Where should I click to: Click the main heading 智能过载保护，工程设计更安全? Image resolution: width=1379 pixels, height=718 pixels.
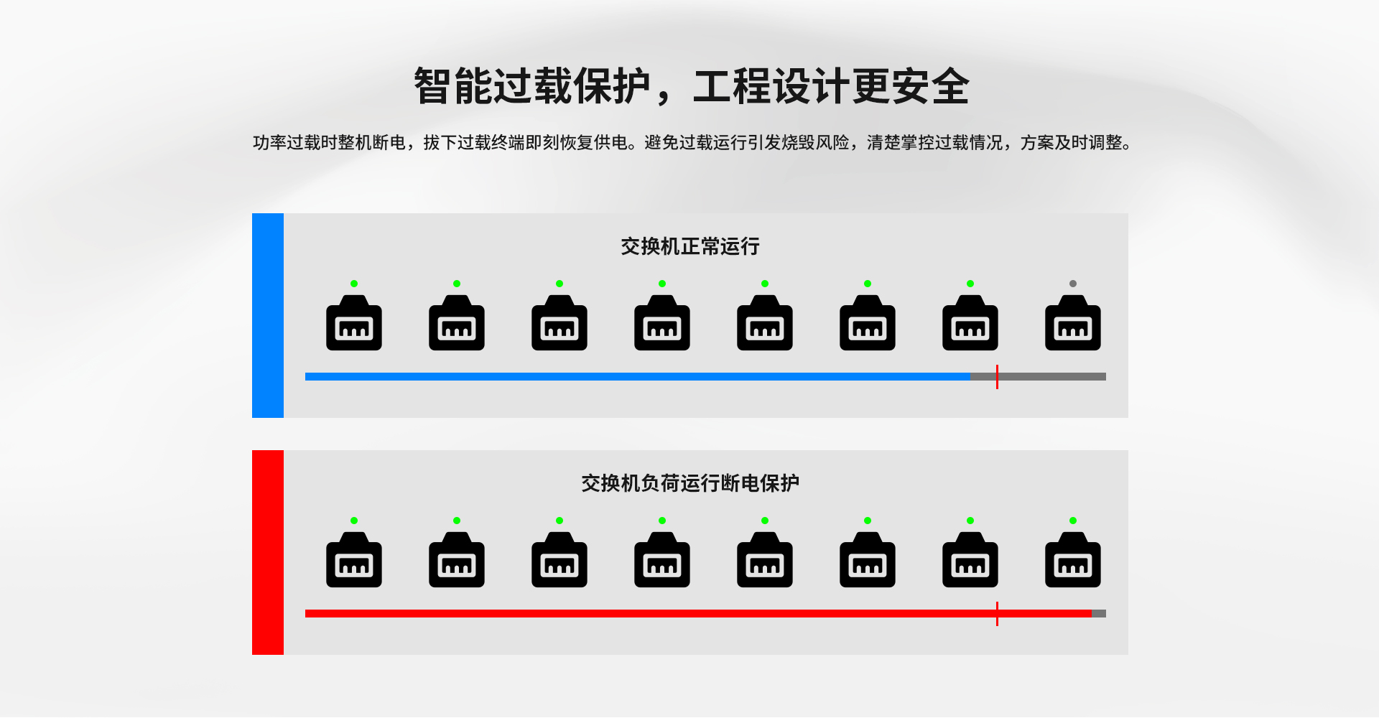pos(691,86)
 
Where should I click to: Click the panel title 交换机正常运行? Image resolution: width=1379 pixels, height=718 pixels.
pos(690,246)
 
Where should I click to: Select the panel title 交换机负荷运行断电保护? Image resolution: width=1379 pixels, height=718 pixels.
pos(690,483)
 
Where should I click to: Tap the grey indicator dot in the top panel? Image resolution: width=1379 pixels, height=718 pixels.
pos(1073,284)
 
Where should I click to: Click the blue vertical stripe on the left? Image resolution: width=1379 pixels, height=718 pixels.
pos(268,315)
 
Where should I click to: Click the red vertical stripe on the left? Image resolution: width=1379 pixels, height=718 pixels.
pos(268,552)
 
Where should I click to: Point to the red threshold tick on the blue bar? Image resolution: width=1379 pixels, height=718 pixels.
pos(997,377)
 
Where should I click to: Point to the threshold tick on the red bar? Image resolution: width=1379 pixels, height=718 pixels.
pos(997,614)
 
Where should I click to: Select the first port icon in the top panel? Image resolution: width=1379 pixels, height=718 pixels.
pos(354,323)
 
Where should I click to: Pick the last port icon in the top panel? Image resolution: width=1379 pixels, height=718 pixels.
pos(1073,323)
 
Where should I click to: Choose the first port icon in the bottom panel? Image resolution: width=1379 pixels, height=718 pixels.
pos(354,560)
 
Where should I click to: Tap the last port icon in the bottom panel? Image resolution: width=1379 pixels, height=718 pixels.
pos(1073,560)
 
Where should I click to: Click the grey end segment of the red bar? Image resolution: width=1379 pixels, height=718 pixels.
pos(1099,614)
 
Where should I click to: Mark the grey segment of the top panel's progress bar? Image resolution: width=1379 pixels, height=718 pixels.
pos(1039,377)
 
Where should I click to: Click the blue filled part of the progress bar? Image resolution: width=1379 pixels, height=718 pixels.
pos(638,377)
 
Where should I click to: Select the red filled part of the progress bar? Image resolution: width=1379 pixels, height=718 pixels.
pos(698,614)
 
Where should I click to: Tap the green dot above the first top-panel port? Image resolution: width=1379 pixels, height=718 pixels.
pos(354,284)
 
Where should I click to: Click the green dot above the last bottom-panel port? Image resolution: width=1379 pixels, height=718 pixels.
pos(1073,521)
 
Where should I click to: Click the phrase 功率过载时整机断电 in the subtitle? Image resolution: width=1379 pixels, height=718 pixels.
pos(329,143)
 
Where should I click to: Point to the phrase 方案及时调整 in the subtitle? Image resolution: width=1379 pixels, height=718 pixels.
pos(1072,143)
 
